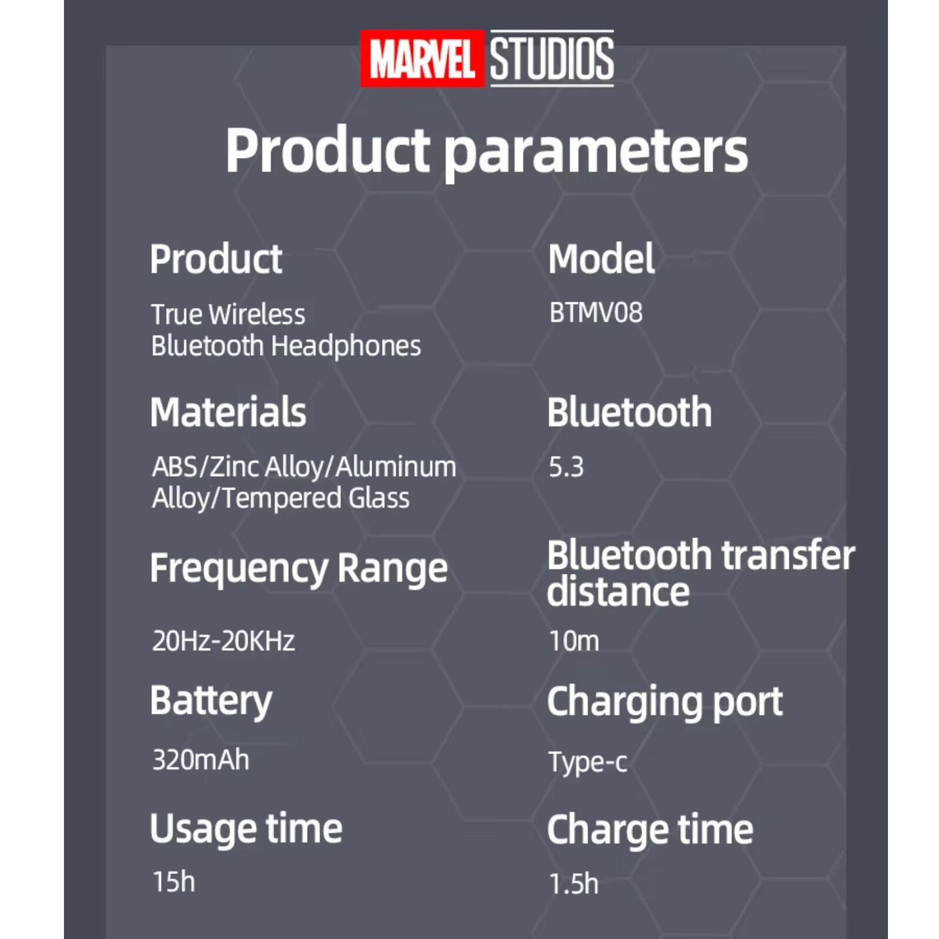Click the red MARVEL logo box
pos(422,59)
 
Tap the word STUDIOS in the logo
pos(552,59)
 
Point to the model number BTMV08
pos(596,312)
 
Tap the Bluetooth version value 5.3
pos(566,467)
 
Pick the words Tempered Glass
pos(316,498)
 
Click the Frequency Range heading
pos(299,569)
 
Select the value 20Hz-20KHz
pos(224,641)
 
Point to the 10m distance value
pos(574,641)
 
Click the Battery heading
pos(211,702)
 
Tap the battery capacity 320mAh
pos(201,760)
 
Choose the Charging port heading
pos(665,702)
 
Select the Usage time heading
pos(246,829)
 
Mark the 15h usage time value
pos(174,881)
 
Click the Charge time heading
pos(650,830)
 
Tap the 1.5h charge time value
pos(574,884)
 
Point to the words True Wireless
pos(228,315)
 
